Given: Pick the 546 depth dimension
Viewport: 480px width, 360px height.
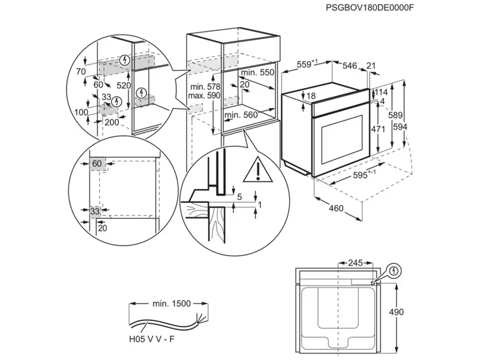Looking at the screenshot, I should [x=349, y=65].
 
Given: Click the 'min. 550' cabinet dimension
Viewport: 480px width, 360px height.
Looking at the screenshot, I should [x=257, y=72].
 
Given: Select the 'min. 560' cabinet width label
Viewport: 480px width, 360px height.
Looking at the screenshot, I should [x=241, y=114].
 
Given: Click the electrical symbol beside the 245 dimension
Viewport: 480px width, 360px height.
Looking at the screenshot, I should [x=394, y=271].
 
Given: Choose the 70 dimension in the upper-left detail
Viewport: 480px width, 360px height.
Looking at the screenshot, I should [x=82, y=71].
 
